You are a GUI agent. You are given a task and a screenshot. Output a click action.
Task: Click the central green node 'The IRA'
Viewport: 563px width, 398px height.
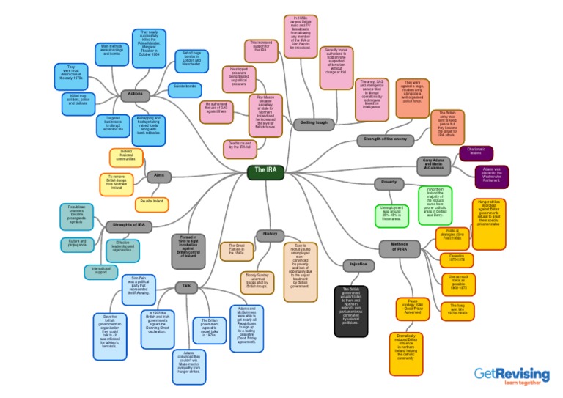(x=265, y=172)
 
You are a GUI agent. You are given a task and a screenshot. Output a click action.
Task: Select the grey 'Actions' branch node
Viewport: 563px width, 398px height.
(x=136, y=95)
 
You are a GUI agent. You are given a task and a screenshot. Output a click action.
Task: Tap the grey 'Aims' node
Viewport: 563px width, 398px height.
(x=159, y=176)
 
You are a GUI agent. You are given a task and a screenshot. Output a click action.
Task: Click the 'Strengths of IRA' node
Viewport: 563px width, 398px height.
(x=129, y=226)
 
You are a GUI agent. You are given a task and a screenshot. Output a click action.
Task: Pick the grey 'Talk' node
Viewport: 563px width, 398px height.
(x=186, y=287)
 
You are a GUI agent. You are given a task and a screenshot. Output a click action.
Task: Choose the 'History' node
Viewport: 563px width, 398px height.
(x=270, y=235)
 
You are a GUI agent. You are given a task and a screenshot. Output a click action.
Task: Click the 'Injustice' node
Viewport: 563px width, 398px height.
(x=358, y=265)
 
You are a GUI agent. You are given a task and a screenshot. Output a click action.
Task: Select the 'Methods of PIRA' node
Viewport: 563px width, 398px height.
(x=399, y=249)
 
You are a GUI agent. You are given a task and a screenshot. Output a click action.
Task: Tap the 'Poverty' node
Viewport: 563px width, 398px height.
(x=389, y=183)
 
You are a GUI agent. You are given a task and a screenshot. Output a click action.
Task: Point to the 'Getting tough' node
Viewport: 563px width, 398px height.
(x=314, y=124)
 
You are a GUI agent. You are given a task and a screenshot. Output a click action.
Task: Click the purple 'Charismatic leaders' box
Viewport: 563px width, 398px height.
(x=476, y=152)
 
